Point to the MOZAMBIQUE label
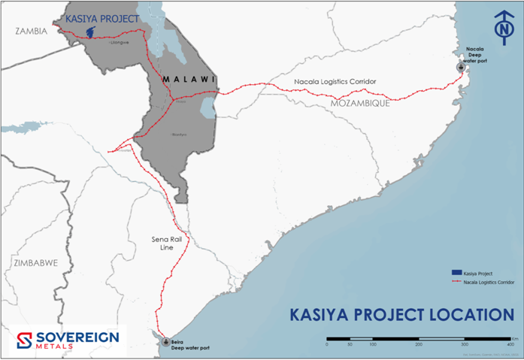(360, 103)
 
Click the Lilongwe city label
(119, 43)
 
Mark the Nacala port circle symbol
(462, 67)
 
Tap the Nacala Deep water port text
(477, 54)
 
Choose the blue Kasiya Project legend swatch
(455, 271)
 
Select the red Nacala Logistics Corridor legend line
(455, 282)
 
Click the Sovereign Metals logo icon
(23, 340)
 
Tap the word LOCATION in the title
(462, 314)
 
